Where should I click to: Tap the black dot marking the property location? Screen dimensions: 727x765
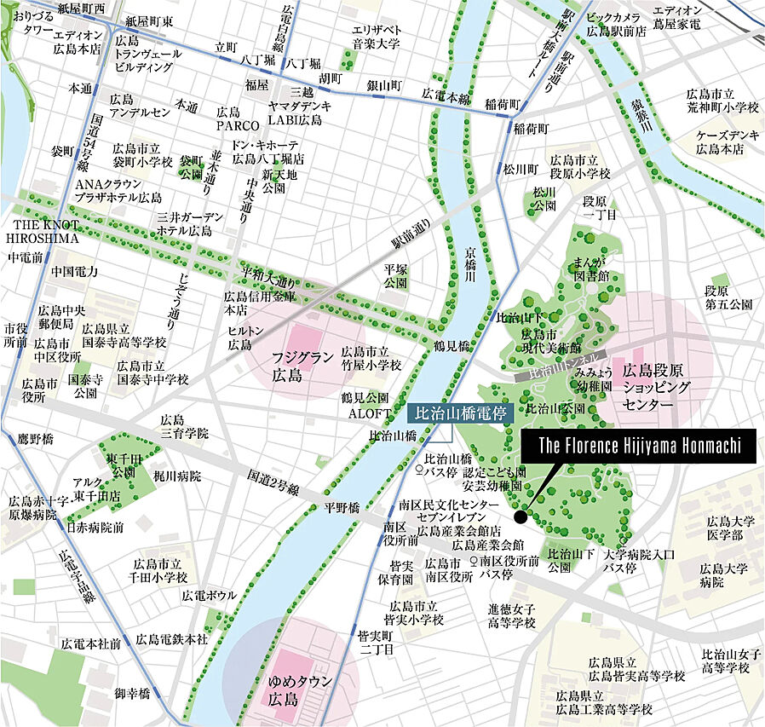(521, 516)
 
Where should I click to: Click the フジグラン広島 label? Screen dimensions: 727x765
(303, 367)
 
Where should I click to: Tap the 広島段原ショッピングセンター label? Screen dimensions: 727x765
(659, 389)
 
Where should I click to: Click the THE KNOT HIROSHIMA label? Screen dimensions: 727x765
(45, 232)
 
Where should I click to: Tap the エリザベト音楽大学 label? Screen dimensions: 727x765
(377, 35)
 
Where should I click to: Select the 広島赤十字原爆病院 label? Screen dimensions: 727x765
(33, 508)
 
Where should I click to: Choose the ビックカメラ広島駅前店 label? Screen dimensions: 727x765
(619, 24)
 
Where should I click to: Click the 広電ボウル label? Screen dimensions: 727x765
(204, 595)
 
